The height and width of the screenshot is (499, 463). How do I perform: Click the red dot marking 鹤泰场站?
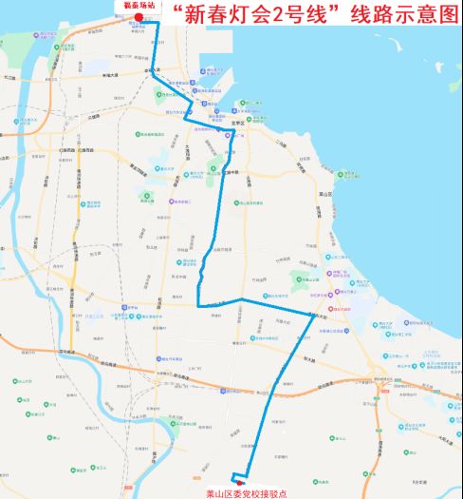pos(139,17)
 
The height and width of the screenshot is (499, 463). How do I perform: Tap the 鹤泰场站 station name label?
pos(139,6)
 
